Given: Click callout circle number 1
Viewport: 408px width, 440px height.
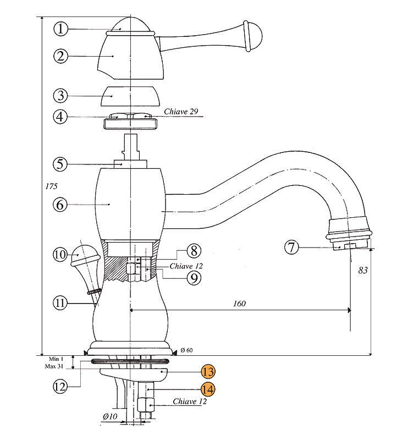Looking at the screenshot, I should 62,29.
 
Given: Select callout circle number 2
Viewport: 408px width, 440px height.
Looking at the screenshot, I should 62,56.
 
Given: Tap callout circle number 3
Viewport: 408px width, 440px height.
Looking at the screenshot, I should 61,95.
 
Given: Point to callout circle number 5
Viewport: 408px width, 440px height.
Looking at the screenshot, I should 61,164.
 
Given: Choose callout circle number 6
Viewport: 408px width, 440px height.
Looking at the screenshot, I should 61,204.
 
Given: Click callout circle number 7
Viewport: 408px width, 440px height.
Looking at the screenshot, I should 293,248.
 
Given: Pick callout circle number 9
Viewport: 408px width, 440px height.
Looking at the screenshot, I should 193,278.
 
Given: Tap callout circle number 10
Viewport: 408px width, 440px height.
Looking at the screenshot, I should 61,255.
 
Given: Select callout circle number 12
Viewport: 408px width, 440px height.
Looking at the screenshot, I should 61,386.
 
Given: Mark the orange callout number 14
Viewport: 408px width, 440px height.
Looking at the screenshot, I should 208,389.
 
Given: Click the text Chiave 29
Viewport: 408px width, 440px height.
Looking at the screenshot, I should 181,112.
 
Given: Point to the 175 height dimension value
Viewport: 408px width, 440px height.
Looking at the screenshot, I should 51,186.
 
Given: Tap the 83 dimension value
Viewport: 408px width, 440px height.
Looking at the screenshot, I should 362,271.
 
